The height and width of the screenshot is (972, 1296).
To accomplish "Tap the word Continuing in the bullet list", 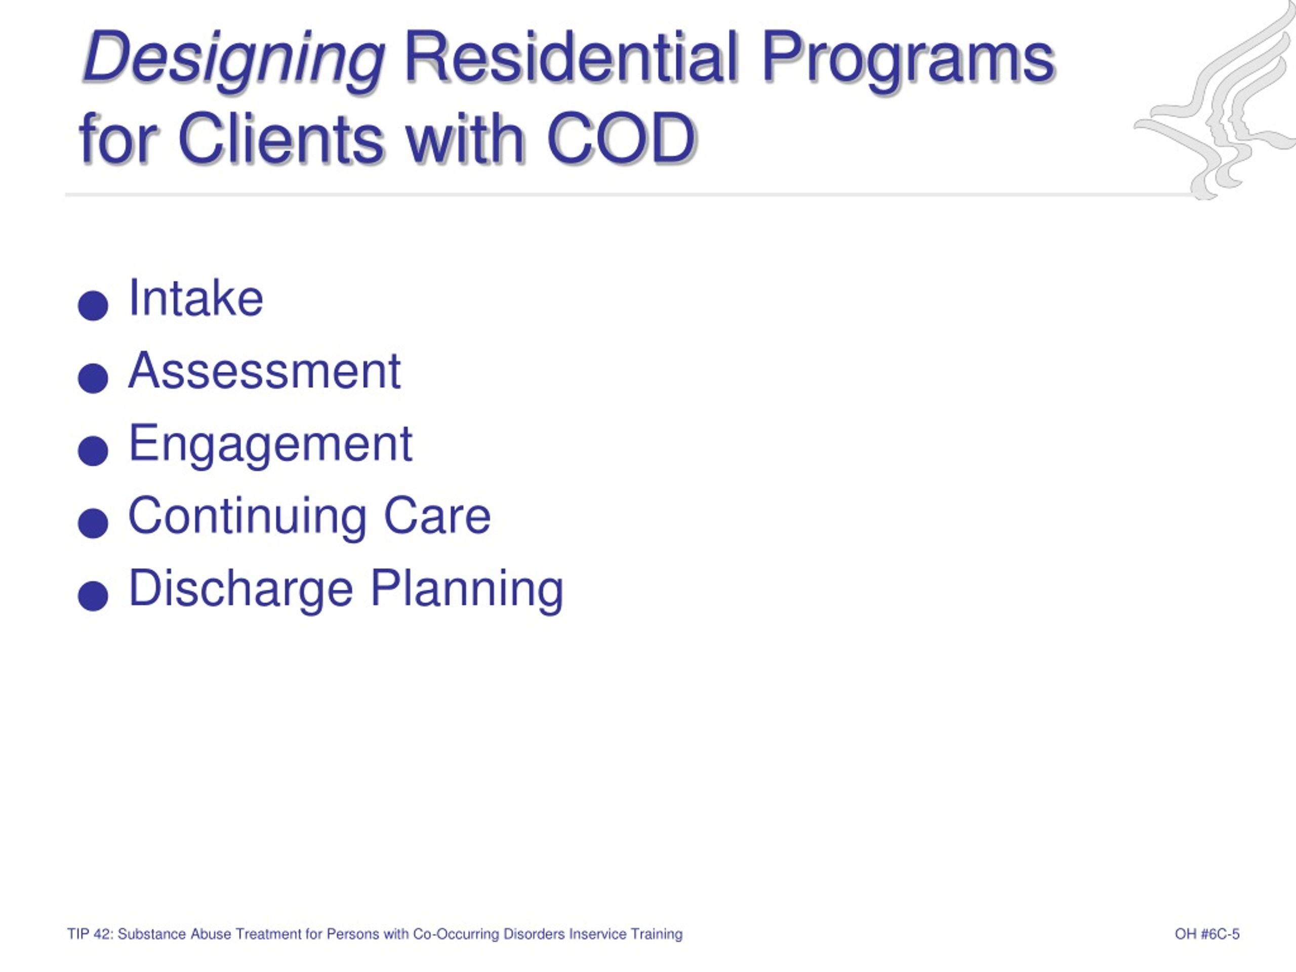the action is [247, 517].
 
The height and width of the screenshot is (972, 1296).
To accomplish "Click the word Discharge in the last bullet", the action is [241, 590].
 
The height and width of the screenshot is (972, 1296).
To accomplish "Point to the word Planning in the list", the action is [467, 590].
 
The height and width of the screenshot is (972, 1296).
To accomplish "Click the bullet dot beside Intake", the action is [93, 306].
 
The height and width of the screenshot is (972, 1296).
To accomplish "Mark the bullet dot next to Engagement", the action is [93, 451].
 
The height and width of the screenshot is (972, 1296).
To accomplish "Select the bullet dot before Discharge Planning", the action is [93, 596].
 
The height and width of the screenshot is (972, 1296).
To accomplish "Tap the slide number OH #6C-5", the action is [1207, 934].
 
